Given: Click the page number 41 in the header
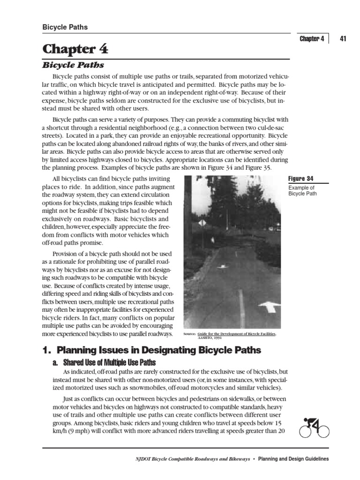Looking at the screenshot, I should point(343,39).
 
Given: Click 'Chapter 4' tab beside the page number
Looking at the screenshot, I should point(312,39).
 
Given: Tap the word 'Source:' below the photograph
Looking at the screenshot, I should point(190,334).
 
